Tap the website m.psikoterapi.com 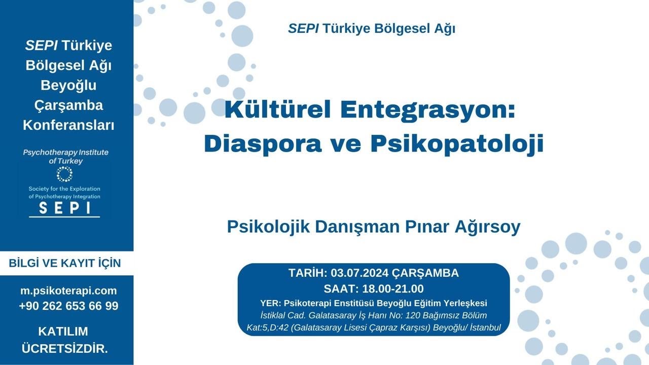tap(68, 291)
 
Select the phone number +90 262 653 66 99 tap(68, 306)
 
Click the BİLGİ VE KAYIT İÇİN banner tap(65, 264)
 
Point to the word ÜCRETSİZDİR tap(64, 349)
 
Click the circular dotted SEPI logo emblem tap(64, 174)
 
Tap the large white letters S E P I tap(64, 208)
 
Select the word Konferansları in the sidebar tap(68, 125)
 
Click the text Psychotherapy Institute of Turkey tap(65, 157)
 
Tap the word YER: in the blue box tap(271, 304)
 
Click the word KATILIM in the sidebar tap(63, 332)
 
